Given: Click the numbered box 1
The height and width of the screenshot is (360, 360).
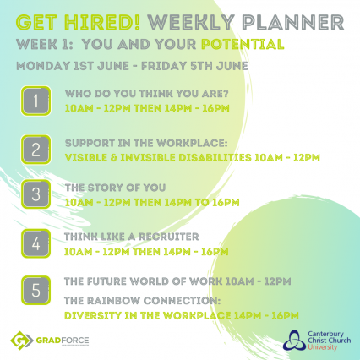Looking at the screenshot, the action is (35, 101).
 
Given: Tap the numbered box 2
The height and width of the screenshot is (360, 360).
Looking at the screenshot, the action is (35, 150).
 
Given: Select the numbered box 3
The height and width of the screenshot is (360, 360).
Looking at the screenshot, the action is (35, 194).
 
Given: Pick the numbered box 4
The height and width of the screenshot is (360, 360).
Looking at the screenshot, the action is (35, 243).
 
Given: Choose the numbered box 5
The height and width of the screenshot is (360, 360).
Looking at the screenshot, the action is (35, 290).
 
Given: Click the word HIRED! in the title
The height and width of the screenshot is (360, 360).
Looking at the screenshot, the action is (102, 22).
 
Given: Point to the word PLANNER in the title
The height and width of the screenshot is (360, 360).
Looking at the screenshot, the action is (293, 22).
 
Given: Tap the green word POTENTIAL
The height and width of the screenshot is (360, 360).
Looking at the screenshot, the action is (243, 45).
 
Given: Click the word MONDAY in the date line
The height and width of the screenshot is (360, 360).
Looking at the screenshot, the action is (43, 66).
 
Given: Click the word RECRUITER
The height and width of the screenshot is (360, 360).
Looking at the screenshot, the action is (169, 237).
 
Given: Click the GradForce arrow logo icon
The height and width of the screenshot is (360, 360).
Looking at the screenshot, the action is (22, 341).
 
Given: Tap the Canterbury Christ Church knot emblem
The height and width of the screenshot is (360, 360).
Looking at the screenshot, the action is (294, 341).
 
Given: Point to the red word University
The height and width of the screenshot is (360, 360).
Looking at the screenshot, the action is (322, 346).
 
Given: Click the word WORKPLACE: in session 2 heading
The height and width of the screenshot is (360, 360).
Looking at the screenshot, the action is (192, 143).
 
